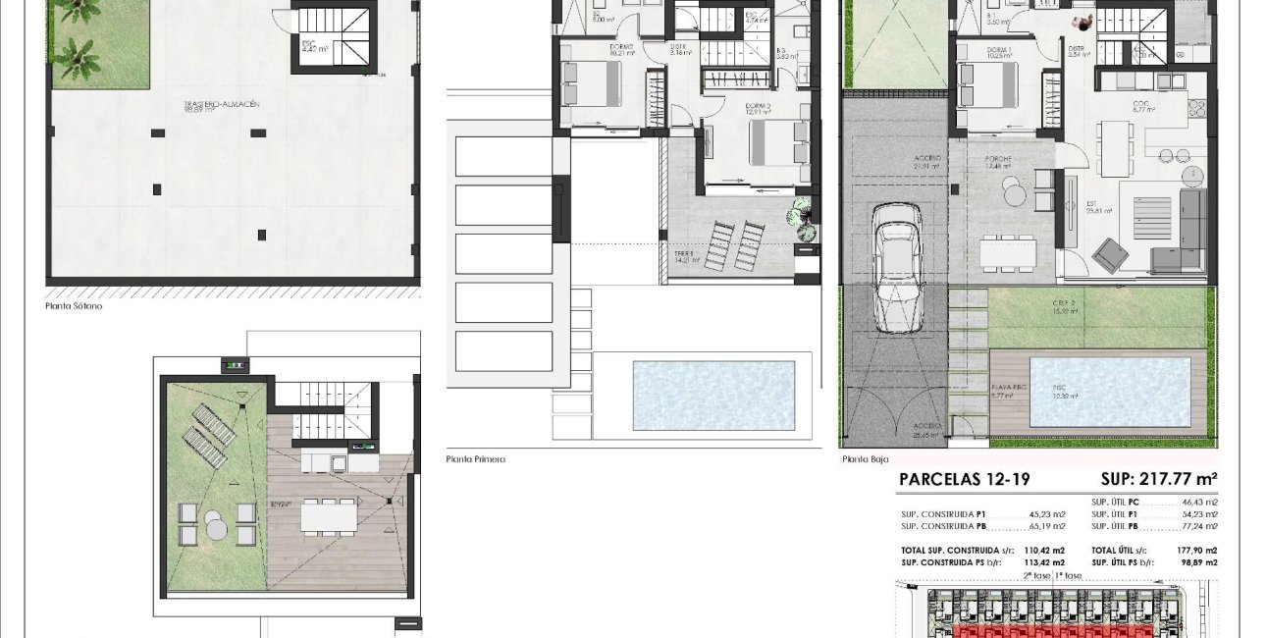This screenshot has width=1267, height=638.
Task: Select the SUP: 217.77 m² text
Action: coord(1159,479)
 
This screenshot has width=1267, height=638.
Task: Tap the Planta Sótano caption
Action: coord(74,306)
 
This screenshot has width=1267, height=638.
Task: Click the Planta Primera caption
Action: coord(475,458)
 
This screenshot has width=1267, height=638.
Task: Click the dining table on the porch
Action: coord(1007,254)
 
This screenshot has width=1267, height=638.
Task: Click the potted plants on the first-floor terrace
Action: coord(803,216)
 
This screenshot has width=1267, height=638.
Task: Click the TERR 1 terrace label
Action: coord(683,253)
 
